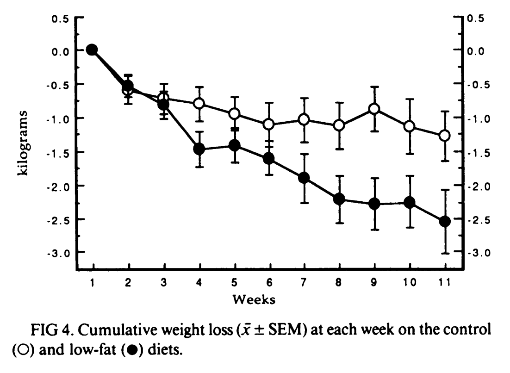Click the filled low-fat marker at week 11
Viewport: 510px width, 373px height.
(445, 221)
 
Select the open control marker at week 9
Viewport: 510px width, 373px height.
(374, 109)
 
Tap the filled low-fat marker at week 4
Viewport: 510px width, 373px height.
(199, 149)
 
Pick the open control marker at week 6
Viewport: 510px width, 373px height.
(269, 124)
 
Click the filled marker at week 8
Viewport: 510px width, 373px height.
(339, 199)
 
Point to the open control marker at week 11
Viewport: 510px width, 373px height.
(445, 136)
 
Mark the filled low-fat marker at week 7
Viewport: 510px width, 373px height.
(304, 178)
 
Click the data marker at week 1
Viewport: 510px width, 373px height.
(92, 50)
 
